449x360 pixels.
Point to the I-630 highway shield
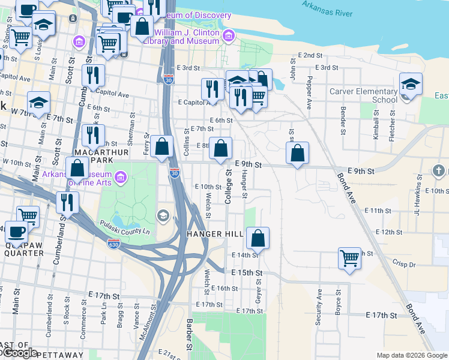pyautogui.click(x=113, y=244)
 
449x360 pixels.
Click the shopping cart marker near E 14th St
pyautogui.click(x=349, y=258)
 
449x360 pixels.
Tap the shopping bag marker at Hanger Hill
pyautogui.click(x=258, y=238)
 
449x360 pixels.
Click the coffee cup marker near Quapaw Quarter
pyautogui.click(x=15, y=231)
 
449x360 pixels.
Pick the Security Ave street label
pyautogui.click(x=319, y=307)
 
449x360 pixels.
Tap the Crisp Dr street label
pyautogui.click(x=405, y=264)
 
